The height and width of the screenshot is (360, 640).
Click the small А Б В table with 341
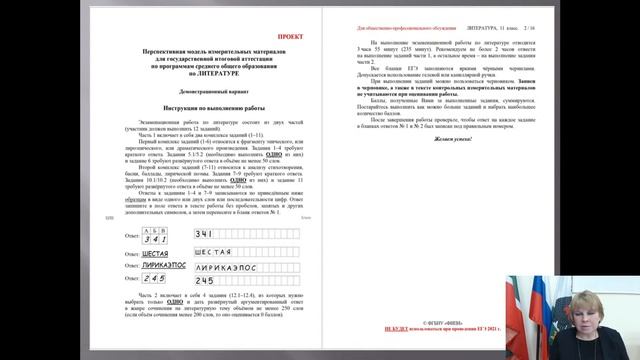[x=156, y=236]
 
